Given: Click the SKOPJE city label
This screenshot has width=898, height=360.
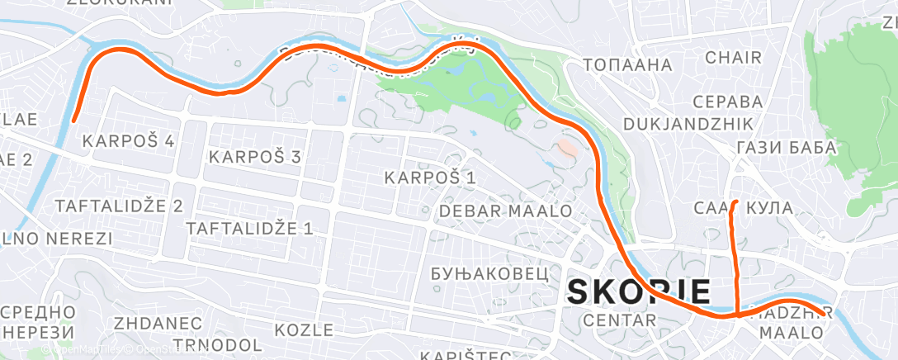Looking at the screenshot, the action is click(x=639, y=291).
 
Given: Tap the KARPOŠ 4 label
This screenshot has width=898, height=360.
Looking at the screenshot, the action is click(x=129, y=141).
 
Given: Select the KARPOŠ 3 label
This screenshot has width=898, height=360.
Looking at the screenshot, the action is click(x=254, y=156).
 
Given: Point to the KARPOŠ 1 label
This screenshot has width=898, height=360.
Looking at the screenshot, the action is click(x=431, y=178).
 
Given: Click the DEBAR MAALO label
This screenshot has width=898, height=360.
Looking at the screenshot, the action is click(x=506, y=211).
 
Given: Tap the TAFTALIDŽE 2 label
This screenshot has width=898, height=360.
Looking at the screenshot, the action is click(x=118, y=206).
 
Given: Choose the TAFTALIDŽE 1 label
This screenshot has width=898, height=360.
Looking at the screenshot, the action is click(x=250, y=228).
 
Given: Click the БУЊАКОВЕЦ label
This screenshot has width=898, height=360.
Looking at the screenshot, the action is click(x=489, y=273).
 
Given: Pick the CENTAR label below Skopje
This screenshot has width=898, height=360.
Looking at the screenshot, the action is click(x=619, y=320).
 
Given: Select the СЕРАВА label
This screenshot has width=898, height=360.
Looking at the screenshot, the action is click(x=727, y=102).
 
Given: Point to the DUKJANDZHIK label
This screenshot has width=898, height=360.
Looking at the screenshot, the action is click(x=688, y=124).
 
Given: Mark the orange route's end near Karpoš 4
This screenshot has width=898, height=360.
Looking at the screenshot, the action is click(x=74, y=120).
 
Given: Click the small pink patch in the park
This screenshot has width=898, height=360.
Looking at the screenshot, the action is click(x=567, y=148).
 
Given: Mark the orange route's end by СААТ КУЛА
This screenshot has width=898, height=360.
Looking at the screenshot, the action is click(x=735, y=201).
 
